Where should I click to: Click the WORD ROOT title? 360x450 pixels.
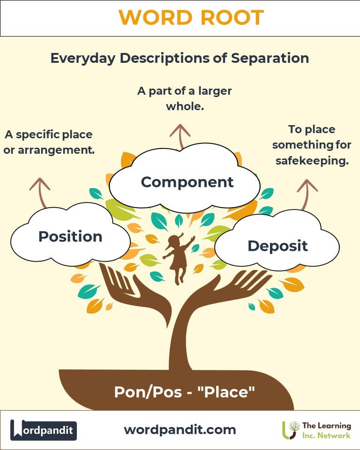(x=191, y=17)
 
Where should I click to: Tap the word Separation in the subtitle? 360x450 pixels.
(x=270, y=58)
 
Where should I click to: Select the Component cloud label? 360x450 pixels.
(x=187, y=182)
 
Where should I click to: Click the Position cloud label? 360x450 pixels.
(x=70, y=236)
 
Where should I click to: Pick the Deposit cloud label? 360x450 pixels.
(x=277, y=246)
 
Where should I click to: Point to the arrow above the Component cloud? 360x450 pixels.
(x=180, y=136)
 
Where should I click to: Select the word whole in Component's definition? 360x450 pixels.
(x=185, y=106)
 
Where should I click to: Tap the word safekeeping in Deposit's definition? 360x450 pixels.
(x=312, y=161)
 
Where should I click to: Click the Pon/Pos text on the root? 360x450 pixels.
(x=148, y=392)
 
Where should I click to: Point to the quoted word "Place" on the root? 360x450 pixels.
(x=226, y=392)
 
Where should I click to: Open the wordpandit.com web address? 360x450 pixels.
(x=180, y=430)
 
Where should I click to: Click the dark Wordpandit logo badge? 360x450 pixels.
(x=44, y=430)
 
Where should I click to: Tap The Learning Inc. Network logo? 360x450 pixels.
(x=316, y=430)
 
